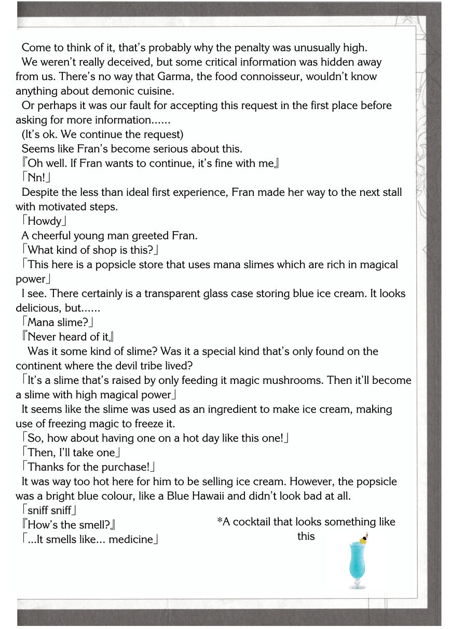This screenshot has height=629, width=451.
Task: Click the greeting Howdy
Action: [45, 221]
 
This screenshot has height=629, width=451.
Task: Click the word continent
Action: [40, 366]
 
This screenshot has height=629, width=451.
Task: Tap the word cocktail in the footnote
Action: [254, 522]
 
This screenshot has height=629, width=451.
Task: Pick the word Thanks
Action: [46, 467]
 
